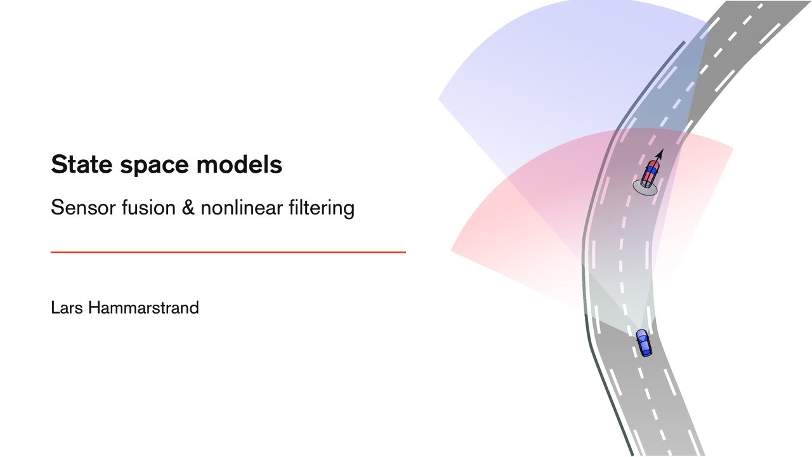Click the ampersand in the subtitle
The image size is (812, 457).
[x=188, y=208]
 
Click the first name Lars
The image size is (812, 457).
[x=67, y=308]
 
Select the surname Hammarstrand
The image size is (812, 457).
[x=143, y=308]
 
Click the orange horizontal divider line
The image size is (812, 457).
[x=228, y=252]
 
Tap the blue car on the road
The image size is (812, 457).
[x=644, y=343]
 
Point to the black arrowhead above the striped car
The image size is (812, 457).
[x=660, y=153]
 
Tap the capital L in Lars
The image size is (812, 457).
[x=55, y=308]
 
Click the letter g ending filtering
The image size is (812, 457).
[x=348, y=210]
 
